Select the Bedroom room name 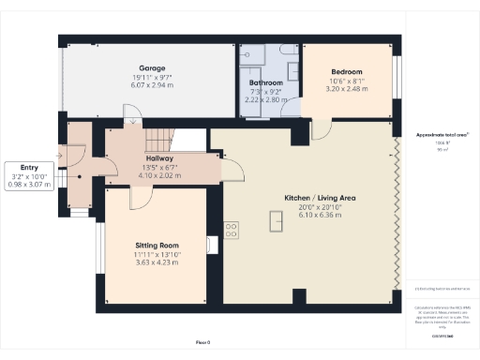(346, 71)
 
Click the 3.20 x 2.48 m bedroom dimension (346, 87)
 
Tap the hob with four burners (231, 229)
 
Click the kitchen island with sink (277, 220)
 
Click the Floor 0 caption (202, 343)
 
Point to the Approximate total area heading (442, 135)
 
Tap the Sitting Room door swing (138, 195)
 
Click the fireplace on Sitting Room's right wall (213, 244)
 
